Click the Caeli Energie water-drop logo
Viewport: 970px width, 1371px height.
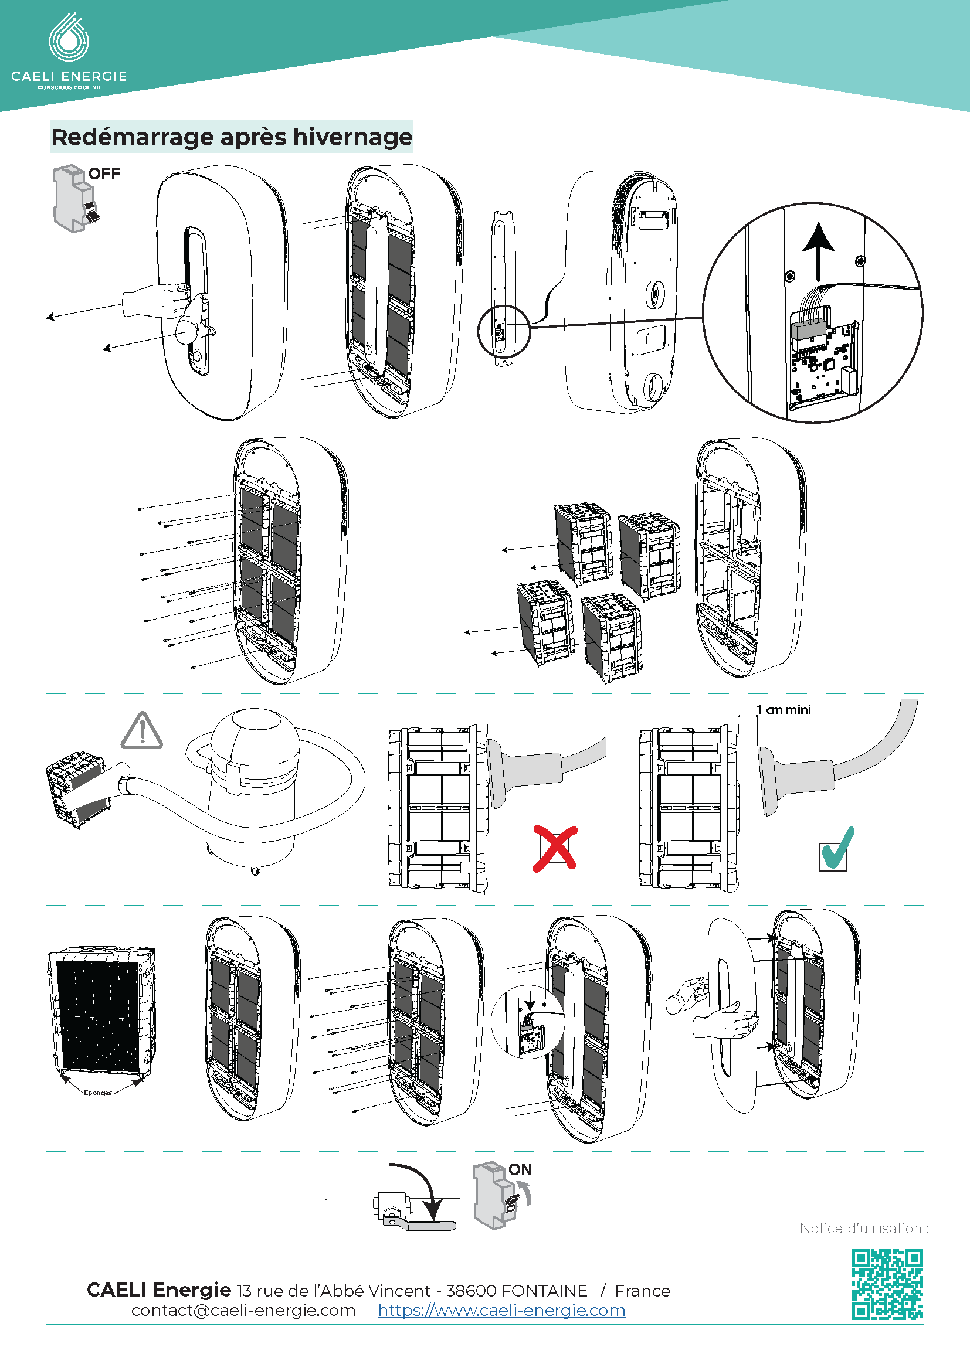pos(69,38)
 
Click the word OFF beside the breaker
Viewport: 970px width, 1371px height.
pos(104,173)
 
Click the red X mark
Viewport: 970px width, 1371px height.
pos(555,849)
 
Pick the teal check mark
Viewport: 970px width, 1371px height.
pos(837,849)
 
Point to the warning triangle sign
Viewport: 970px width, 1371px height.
pos(141,731)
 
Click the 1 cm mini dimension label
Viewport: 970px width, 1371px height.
pos(783,709)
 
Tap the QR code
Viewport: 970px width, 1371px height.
pos(887,1284)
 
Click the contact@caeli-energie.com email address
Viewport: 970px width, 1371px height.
pos(243,1311)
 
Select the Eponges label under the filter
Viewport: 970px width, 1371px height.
pos(98,1093)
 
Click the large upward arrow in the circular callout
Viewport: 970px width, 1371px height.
pos(818,251)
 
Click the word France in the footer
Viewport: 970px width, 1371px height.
pos(642,1291)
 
